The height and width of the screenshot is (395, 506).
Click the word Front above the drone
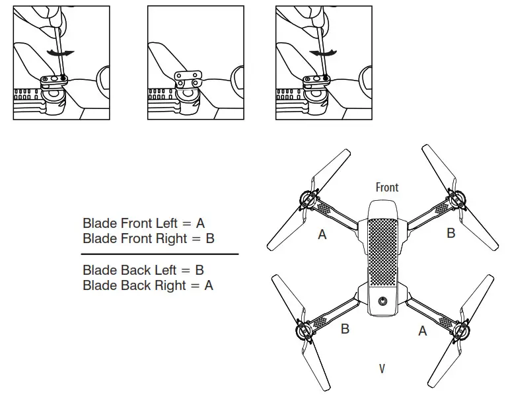386,188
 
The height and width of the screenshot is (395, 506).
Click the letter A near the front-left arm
322,234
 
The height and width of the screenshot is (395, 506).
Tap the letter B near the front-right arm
451,233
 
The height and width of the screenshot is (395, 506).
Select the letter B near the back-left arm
345,328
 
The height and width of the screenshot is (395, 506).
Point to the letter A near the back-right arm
423,331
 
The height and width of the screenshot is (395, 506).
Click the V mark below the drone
382,368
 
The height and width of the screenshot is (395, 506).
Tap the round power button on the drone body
382,302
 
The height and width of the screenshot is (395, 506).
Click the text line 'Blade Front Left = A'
143,223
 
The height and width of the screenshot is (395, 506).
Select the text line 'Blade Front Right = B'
148,238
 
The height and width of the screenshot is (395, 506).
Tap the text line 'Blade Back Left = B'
143,270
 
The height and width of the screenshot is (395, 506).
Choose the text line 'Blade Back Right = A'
147,285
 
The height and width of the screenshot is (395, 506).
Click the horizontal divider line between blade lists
159,254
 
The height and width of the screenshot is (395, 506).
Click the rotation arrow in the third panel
324,52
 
